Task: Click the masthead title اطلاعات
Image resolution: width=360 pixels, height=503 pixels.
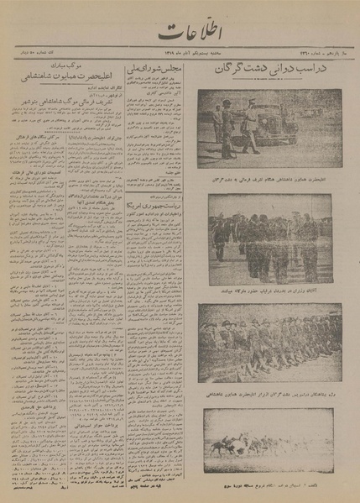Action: (178, 34)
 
